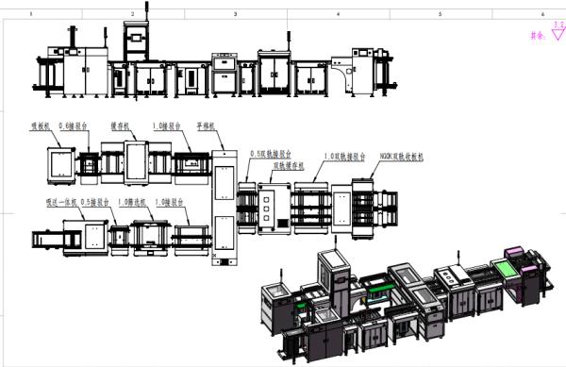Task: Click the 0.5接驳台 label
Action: tap(96, 202)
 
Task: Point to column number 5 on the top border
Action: tap(441, 15)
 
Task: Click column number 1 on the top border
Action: tap(32, 15)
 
